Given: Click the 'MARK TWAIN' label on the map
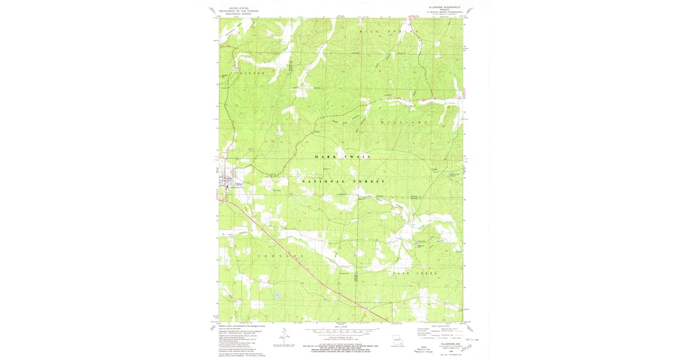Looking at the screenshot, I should tap(342, 156).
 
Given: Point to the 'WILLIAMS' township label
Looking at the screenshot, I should tap(404, 123).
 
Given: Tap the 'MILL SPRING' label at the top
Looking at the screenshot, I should tap(389, 31).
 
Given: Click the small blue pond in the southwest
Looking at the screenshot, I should tap(276, 295).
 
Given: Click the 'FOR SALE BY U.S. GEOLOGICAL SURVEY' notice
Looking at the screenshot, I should tap(343, 346).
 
